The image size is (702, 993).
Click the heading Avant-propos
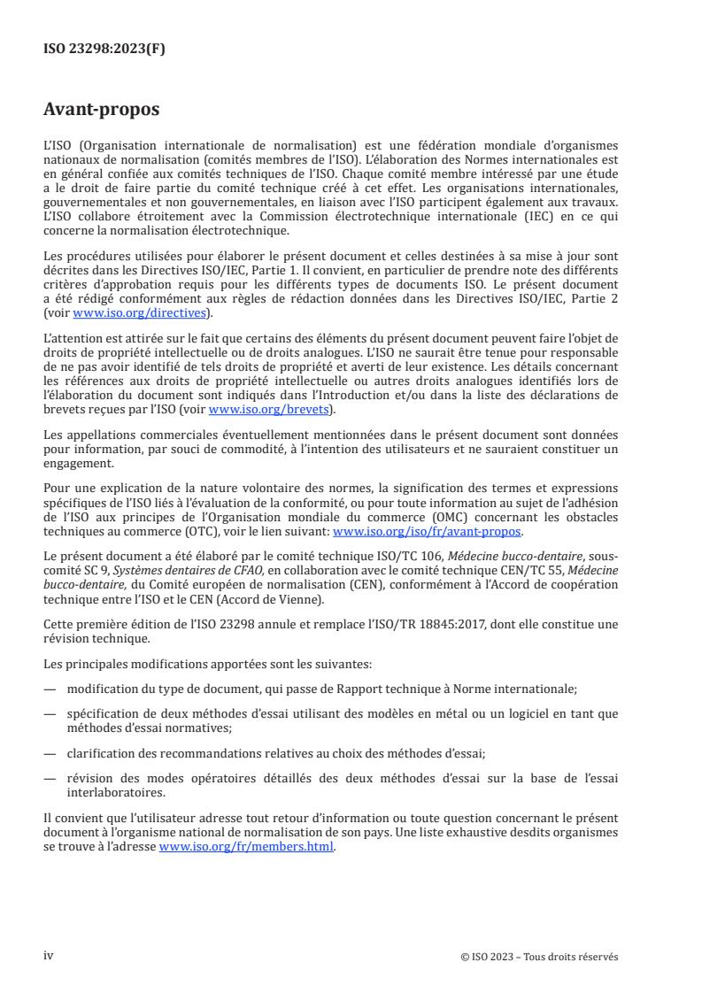point(101,110)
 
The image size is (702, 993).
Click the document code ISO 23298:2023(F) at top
point(104,49)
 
